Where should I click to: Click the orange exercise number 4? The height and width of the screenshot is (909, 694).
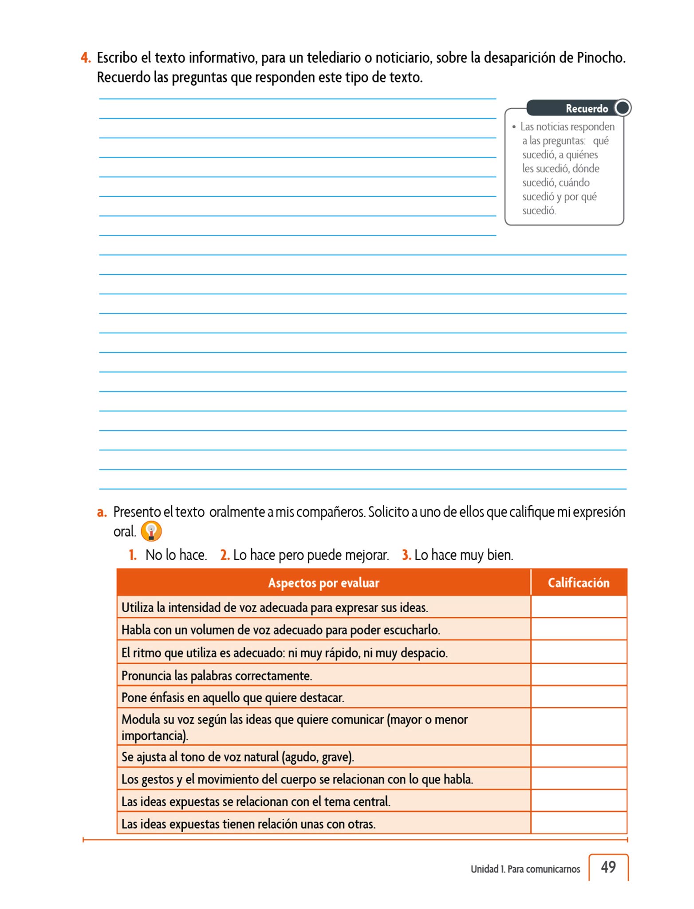tap(86, 58)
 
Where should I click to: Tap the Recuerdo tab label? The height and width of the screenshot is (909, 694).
tap(586, 108)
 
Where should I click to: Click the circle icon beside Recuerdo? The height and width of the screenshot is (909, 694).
tap(623, 108)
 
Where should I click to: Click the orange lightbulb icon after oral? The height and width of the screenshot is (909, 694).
tap(151, 531)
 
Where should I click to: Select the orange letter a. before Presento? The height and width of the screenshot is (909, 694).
tap(102, 512)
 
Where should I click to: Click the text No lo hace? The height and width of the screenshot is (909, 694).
tap(176, 555)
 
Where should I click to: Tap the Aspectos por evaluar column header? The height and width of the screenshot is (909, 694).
tap(323, 583)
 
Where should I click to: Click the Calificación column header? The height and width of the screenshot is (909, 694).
tap(578, 583)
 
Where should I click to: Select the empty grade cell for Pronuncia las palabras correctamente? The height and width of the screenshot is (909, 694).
tap(578, 675)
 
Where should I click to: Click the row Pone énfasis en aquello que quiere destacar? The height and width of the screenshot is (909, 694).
tap(233, 697)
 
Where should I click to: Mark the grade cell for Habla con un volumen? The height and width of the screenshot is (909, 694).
tap(578, 629)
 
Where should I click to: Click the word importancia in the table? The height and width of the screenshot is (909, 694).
tap(154, 735)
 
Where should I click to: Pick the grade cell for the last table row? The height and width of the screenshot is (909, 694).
tap(578, 823)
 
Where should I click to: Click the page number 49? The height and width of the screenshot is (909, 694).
tap(608, 867)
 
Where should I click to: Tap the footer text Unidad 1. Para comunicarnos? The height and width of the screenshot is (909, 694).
tap(525, 869)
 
